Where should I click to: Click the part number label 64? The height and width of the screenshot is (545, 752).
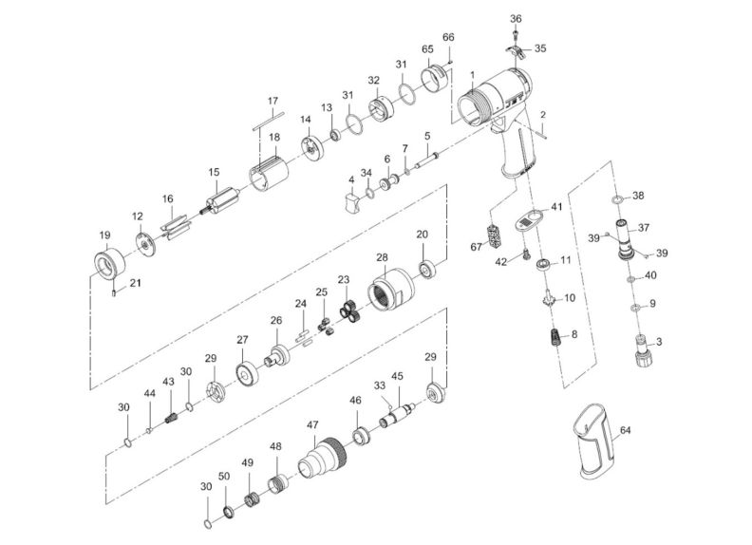[625, 430]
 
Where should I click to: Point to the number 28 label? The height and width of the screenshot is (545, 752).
[383, 257]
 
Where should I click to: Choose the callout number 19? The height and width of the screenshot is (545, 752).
[104, 235]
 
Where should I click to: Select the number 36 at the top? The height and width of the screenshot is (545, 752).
[516, 18]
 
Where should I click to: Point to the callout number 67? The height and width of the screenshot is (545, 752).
[478, 248]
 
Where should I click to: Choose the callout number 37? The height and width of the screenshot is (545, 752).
[643, 227]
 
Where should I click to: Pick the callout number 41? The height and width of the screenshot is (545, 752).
[556, 206]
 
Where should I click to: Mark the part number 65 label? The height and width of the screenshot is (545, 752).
[427, 48]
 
